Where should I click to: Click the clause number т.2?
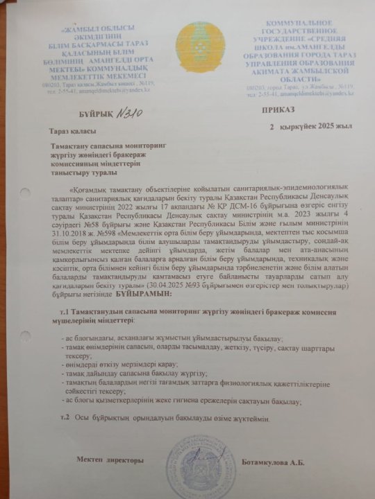click(x=66, y=417)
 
